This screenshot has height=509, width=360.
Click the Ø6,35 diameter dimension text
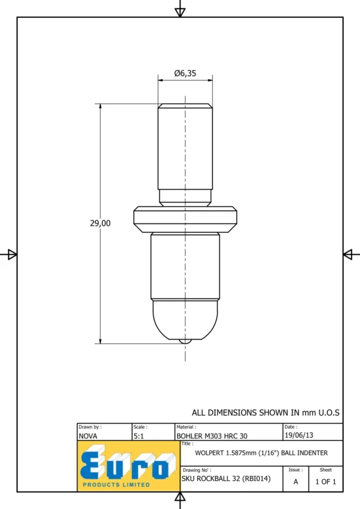pos(185,73)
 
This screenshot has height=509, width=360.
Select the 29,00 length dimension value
pos(100,224)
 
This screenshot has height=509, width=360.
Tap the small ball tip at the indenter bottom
pos(185,342)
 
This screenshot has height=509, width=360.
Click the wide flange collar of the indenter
pos(185,219)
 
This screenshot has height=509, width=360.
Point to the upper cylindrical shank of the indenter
pos(185,147)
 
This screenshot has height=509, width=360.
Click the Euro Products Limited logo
pos(128,466)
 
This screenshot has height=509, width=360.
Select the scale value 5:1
pos(139,436)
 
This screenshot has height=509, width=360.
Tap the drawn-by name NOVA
pos(88,436)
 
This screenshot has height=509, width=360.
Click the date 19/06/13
pos(299,435)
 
